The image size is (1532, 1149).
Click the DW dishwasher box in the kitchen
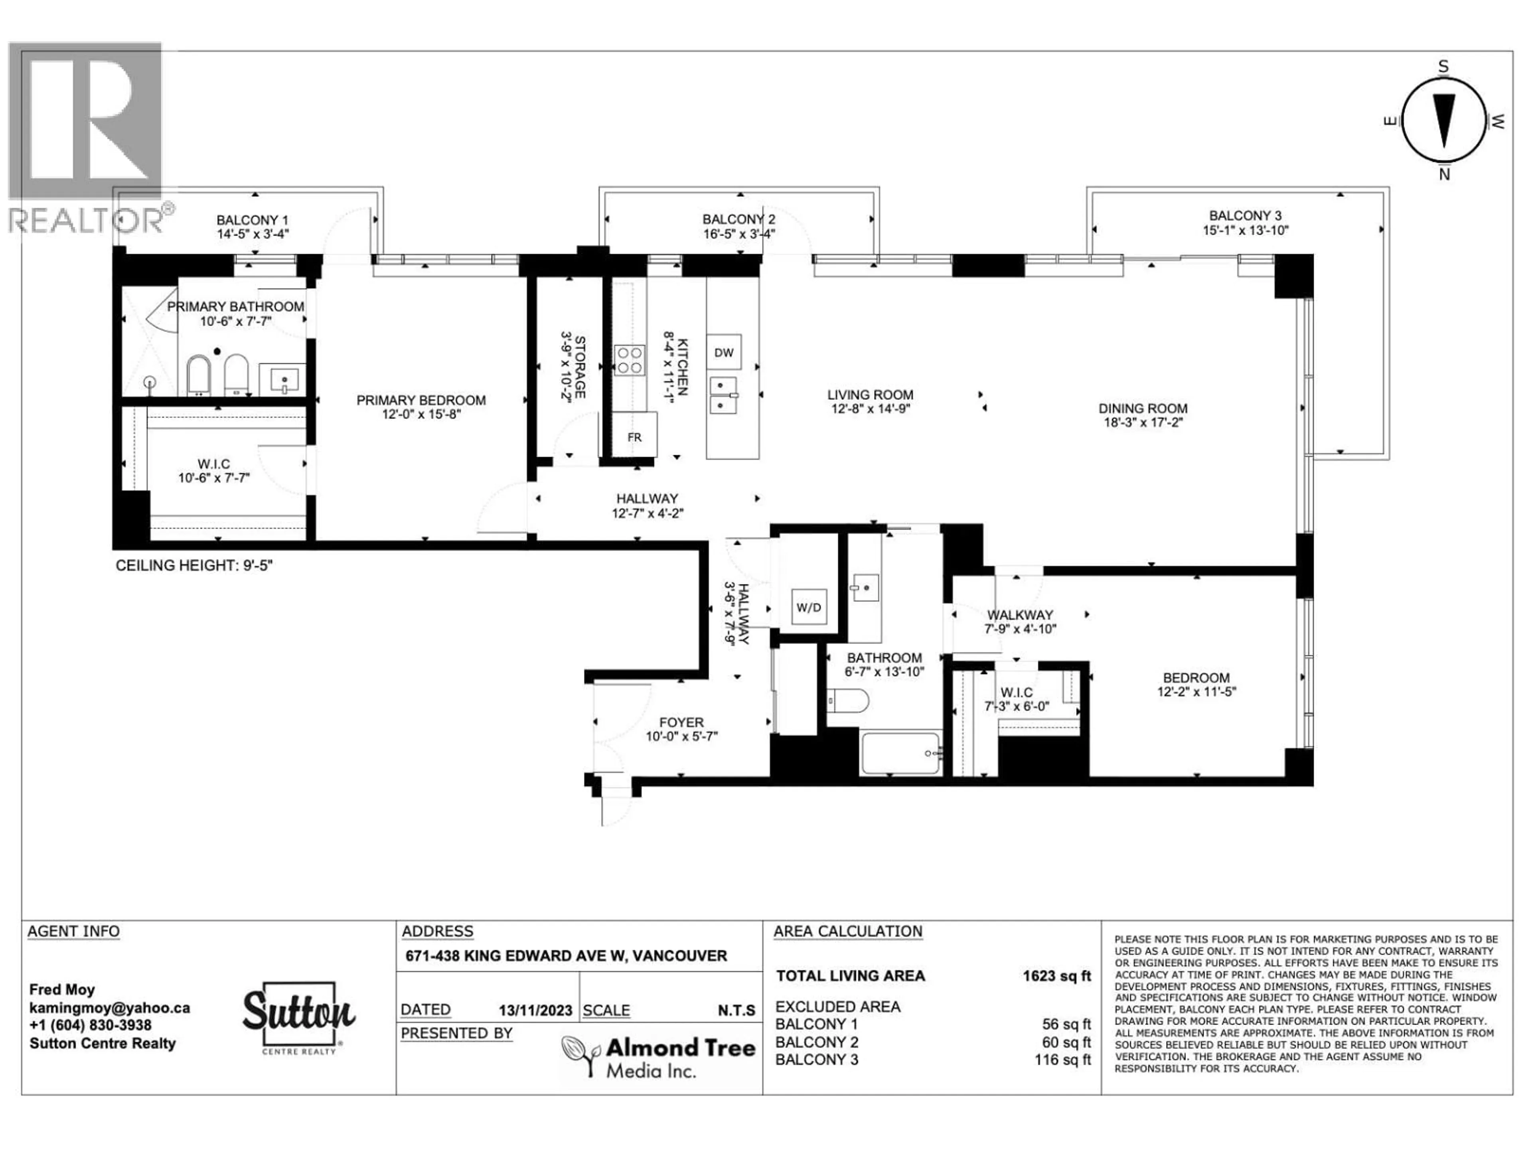click(x=724, y=353)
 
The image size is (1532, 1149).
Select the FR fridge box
click(x=634, y=436)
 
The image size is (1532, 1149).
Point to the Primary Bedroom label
click(x=421, y=400)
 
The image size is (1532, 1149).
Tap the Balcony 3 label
click(x=1245, y=216)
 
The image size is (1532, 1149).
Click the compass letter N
click(x=1444, y=174)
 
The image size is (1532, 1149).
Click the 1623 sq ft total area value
click(x=1056, y=976)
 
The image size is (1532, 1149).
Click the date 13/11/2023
click(x=535, y=1011)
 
